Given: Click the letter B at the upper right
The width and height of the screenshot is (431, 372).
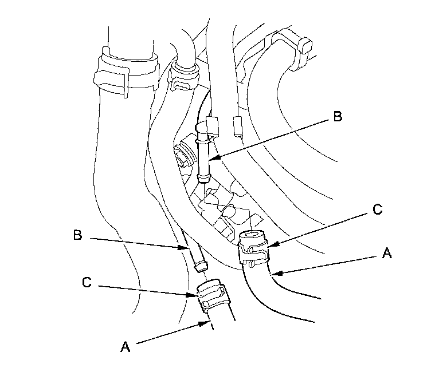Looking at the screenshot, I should pyautogui.click(x=337, y=117).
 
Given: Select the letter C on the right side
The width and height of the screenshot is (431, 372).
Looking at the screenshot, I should pyautogui.click(x=377, y=210).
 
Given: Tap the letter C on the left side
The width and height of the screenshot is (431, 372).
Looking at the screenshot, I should pyautogui.click(x=86, y=282).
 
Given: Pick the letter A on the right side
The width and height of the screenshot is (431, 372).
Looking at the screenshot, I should pyautogui.click(x=387, y=254).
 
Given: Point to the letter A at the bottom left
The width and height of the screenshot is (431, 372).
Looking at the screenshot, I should pyautogui.click(x=124, y=346).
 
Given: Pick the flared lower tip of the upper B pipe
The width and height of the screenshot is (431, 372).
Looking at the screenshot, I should pyautogui.click(x=203, y=178).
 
